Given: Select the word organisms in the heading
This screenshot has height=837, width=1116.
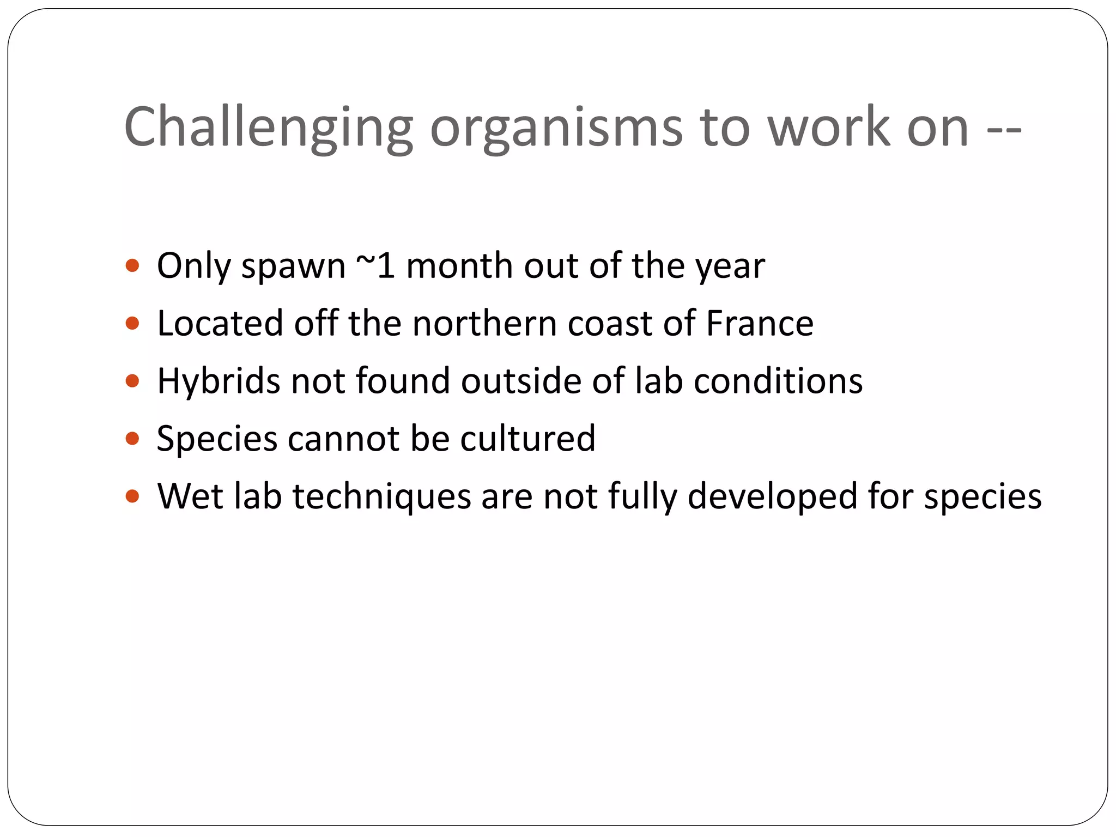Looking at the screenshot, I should coord(556,128).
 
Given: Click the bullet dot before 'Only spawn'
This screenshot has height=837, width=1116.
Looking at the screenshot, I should coord(132,266).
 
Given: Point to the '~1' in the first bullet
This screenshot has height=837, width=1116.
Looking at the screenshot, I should coord(375,266).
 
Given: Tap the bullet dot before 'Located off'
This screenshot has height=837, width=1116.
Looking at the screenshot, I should coord(132,324).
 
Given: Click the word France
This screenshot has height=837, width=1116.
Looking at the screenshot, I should coord(760,324).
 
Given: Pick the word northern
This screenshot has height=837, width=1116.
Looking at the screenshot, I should coord(484,324).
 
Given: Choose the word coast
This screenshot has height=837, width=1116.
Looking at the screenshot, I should coord(610,324).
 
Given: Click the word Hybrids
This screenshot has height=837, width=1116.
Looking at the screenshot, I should coord(218,381).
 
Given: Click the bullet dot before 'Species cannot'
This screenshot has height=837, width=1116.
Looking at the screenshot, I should coord(132,438).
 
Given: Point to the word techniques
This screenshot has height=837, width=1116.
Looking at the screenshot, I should coord(382,497).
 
